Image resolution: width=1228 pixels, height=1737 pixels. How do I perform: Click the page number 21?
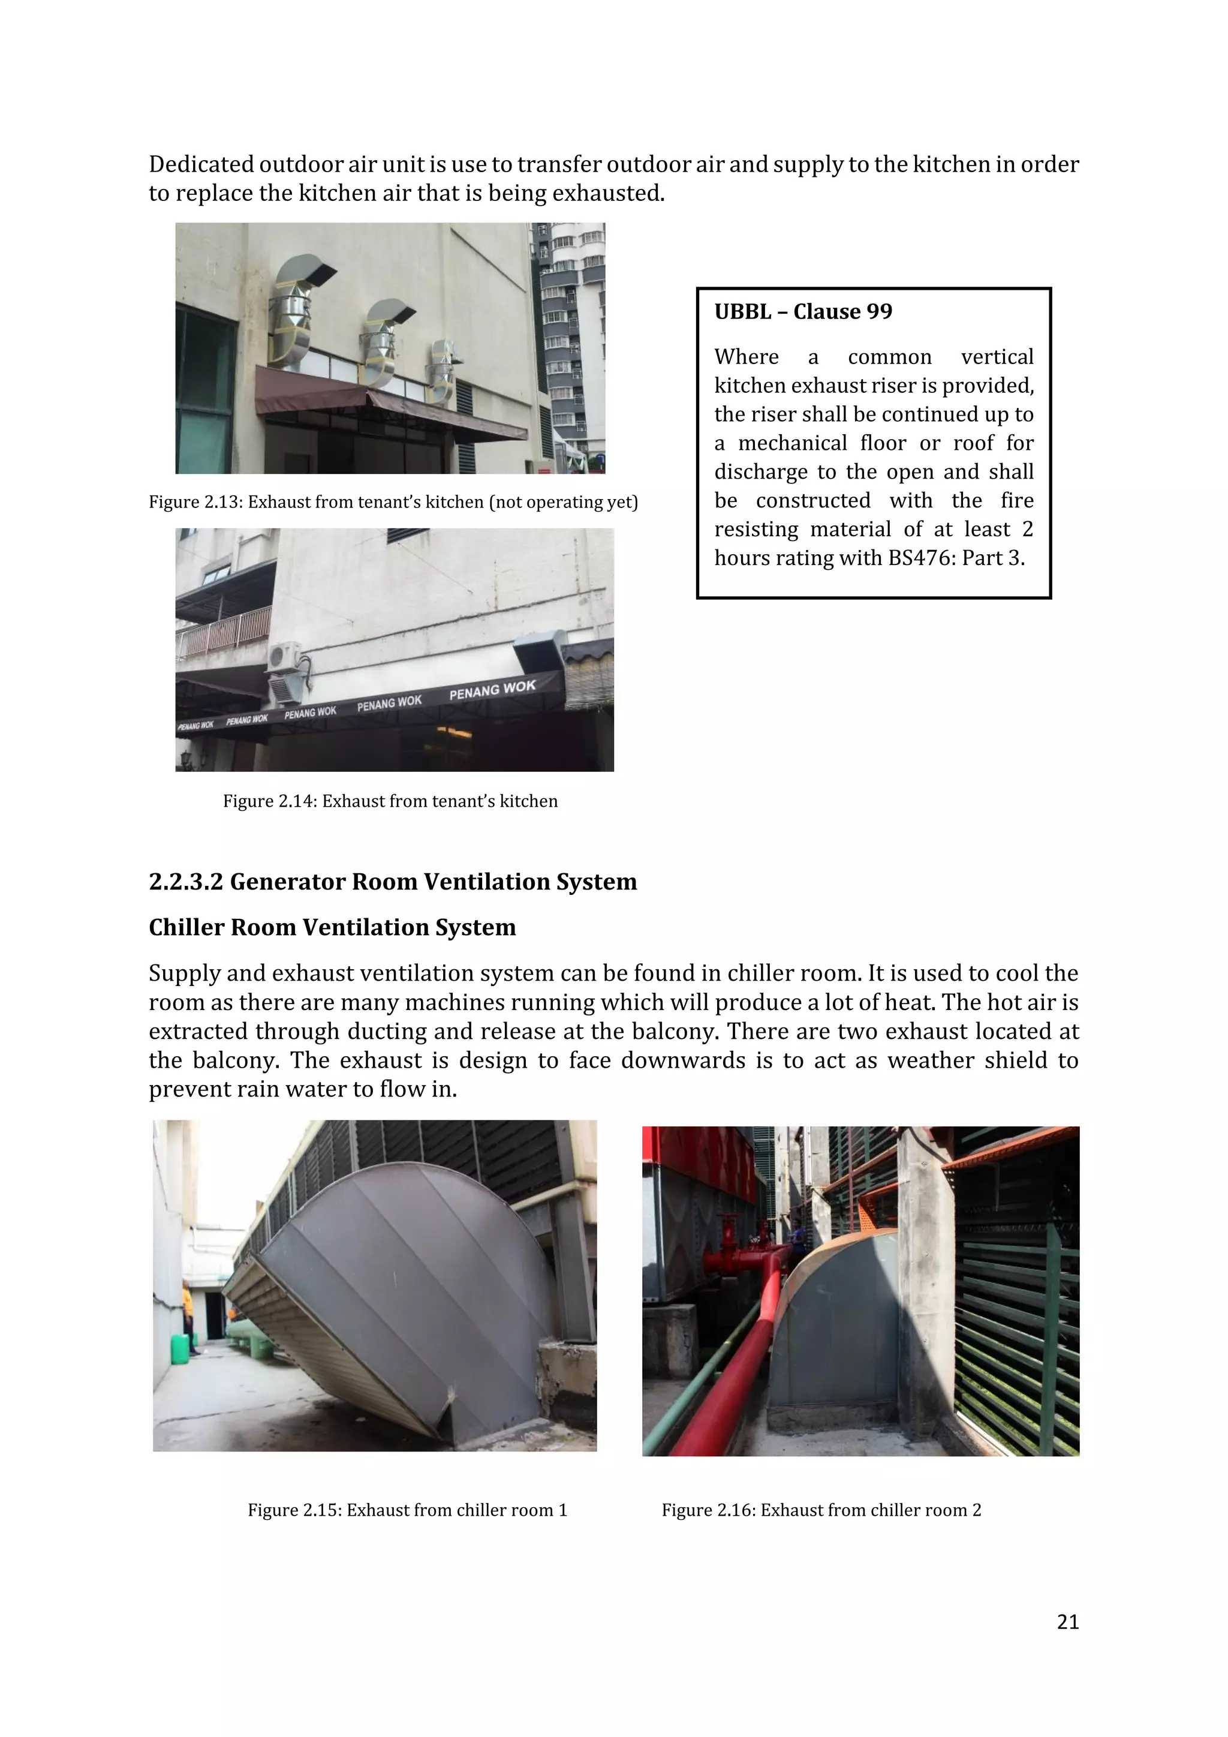point(1067,1622)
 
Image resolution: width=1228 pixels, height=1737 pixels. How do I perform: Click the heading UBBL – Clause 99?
point(803,312)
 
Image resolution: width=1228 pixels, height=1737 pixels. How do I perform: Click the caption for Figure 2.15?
point(407,1510)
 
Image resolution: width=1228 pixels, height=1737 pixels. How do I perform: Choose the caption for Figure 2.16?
point(821,1510)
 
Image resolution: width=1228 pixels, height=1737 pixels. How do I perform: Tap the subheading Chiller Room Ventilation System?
point(332,927)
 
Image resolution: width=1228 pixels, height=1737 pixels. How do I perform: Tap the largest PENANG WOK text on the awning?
point(492,689)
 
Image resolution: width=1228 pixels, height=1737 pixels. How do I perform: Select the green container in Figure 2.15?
point(180,1349)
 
